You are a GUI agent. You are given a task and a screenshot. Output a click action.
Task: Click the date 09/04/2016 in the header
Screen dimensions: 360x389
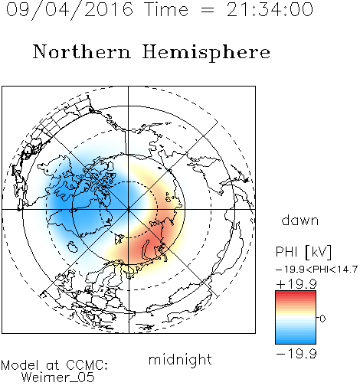pyautogui.click(x=70, y=10)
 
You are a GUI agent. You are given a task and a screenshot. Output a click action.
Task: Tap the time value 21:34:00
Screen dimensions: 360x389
pyautogui.click(x=270, y=9)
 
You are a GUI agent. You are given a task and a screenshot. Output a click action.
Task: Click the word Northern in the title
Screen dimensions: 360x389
pyautogui.click(x=81, y=51)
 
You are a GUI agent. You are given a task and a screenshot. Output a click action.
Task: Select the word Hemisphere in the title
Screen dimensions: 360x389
pyautogui.click(x=206, y=53)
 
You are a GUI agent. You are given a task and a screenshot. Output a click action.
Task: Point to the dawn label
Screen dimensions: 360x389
pyautogui.click(x=300, y=220)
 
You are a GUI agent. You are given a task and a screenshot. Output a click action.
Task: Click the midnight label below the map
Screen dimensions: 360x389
pyautogui.click(x=180, y=359)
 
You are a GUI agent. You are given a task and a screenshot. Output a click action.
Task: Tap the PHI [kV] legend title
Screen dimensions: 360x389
pyautogui.click(x=303, y=252)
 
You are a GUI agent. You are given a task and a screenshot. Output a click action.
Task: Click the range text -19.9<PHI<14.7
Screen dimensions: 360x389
pyautogui.click(x=316, y=270)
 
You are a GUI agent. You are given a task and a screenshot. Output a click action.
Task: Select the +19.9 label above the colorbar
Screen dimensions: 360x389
pyautogui.click(x=296, y=284)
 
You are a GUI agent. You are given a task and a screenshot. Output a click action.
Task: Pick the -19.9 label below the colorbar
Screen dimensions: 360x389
pyautogui.click(x=296, y=354)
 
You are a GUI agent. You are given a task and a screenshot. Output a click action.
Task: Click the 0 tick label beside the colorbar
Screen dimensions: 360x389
pyautogui.click(x=322, y=319)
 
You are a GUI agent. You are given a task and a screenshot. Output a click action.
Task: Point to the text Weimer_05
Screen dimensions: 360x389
pyautogui.click(x=57, y=378)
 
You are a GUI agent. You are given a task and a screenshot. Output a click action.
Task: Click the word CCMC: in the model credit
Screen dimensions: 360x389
pyautogui.click(x=87, y=365)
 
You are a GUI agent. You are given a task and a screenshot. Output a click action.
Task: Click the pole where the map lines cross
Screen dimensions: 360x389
pyautogui.click(x=128, y=209)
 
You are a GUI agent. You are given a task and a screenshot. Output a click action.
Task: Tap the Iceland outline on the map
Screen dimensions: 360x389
pyautogui.click(x=72, y=247)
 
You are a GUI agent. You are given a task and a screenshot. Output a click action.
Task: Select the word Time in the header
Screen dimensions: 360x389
pyautogui.click(x=166, y=9)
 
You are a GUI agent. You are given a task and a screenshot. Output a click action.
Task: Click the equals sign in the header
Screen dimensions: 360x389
pyautogui.click(x=208, y=10)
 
